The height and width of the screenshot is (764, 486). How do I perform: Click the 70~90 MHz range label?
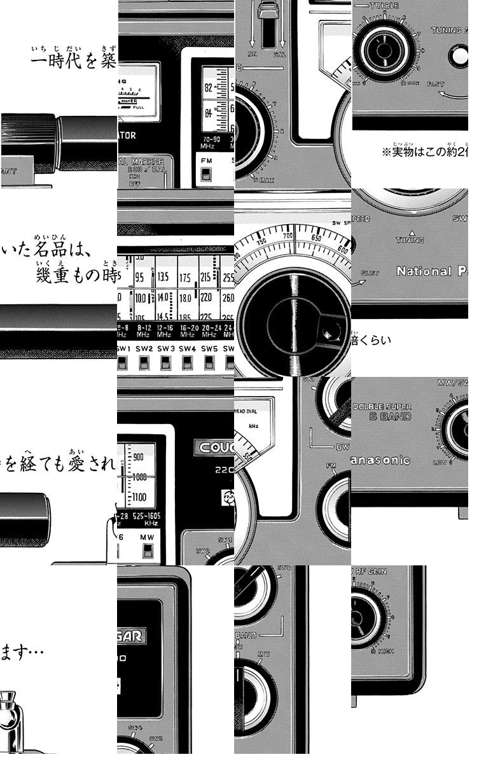tap(212, 143)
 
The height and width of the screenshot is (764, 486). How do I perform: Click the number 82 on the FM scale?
tap(208, 88)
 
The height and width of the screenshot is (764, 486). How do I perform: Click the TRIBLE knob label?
tap(385, 6)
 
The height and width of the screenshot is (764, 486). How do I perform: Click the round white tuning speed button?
tap(459, 56)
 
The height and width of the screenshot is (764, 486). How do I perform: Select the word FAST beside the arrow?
tap(436, 84)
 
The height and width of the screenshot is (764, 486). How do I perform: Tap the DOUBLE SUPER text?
tap(382, 406)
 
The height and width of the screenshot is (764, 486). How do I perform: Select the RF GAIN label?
tap(376, 571)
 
